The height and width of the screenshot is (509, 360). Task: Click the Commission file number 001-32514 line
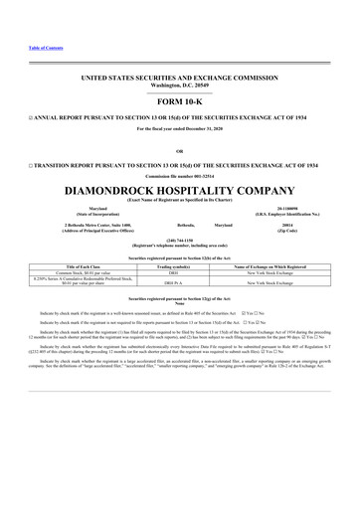click(179, 175)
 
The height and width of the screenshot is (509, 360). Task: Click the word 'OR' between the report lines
click(179, 150)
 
